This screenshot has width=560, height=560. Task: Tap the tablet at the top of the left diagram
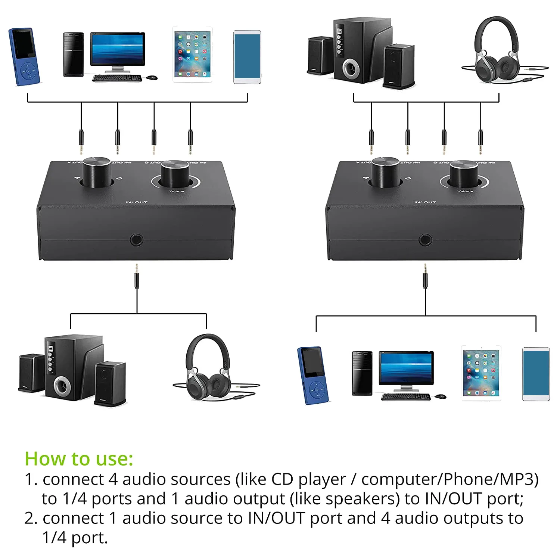[x=192, y=54]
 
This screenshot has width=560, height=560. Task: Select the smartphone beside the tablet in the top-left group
[x=247, y=57]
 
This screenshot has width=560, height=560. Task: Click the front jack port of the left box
[x=137, y=240]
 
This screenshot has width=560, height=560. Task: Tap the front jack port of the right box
[x=425, y=240]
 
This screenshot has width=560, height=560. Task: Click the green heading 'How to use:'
[x=79, y=459]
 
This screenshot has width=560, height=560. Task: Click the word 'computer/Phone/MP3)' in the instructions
[x=450, y=479]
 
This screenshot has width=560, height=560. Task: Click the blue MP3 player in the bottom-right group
[x=313, y=375]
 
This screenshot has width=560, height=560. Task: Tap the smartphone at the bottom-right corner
[x=536, y=374]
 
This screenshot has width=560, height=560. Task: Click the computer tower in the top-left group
[x=73, y=55]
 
